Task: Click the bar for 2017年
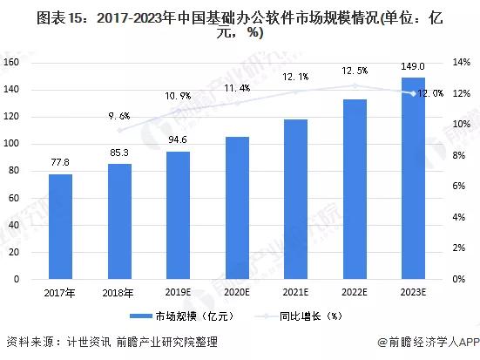[60, 227]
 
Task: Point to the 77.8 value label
[60, 162]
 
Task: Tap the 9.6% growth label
[119, 115]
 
